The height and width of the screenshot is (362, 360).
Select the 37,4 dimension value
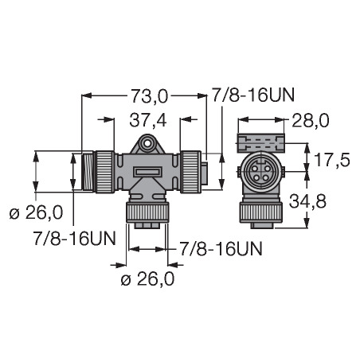coord(148,121)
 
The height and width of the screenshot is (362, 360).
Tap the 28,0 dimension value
coord(310,121)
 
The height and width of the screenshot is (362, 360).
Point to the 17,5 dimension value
coord(331,160)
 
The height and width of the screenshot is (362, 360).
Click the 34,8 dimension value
coord(307,201)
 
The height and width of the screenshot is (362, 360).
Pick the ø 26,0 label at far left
coord(36,213)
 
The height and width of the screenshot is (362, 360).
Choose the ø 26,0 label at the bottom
coord(147,279)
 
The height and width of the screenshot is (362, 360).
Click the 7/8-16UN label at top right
coord(253,95)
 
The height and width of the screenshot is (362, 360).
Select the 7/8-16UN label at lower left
coord(75,238)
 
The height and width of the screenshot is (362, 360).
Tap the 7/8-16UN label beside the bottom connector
coord(221,249)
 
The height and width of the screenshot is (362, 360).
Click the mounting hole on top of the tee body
coord(147,142)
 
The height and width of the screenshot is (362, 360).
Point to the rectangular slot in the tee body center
coord(148,172)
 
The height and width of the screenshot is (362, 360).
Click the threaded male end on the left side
coord(88,171)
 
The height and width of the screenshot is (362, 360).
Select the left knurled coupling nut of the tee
coord(105,171)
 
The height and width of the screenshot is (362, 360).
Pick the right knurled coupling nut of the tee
coord(190,171)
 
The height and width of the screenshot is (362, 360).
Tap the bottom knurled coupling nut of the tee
coord(147,212)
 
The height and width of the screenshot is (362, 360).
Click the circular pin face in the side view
coord(260,171)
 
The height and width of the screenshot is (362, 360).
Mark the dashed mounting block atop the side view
coord(260,143)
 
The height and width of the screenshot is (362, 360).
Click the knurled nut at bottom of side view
coord(260,212)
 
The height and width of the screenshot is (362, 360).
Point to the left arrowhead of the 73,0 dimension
coord(87,95)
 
